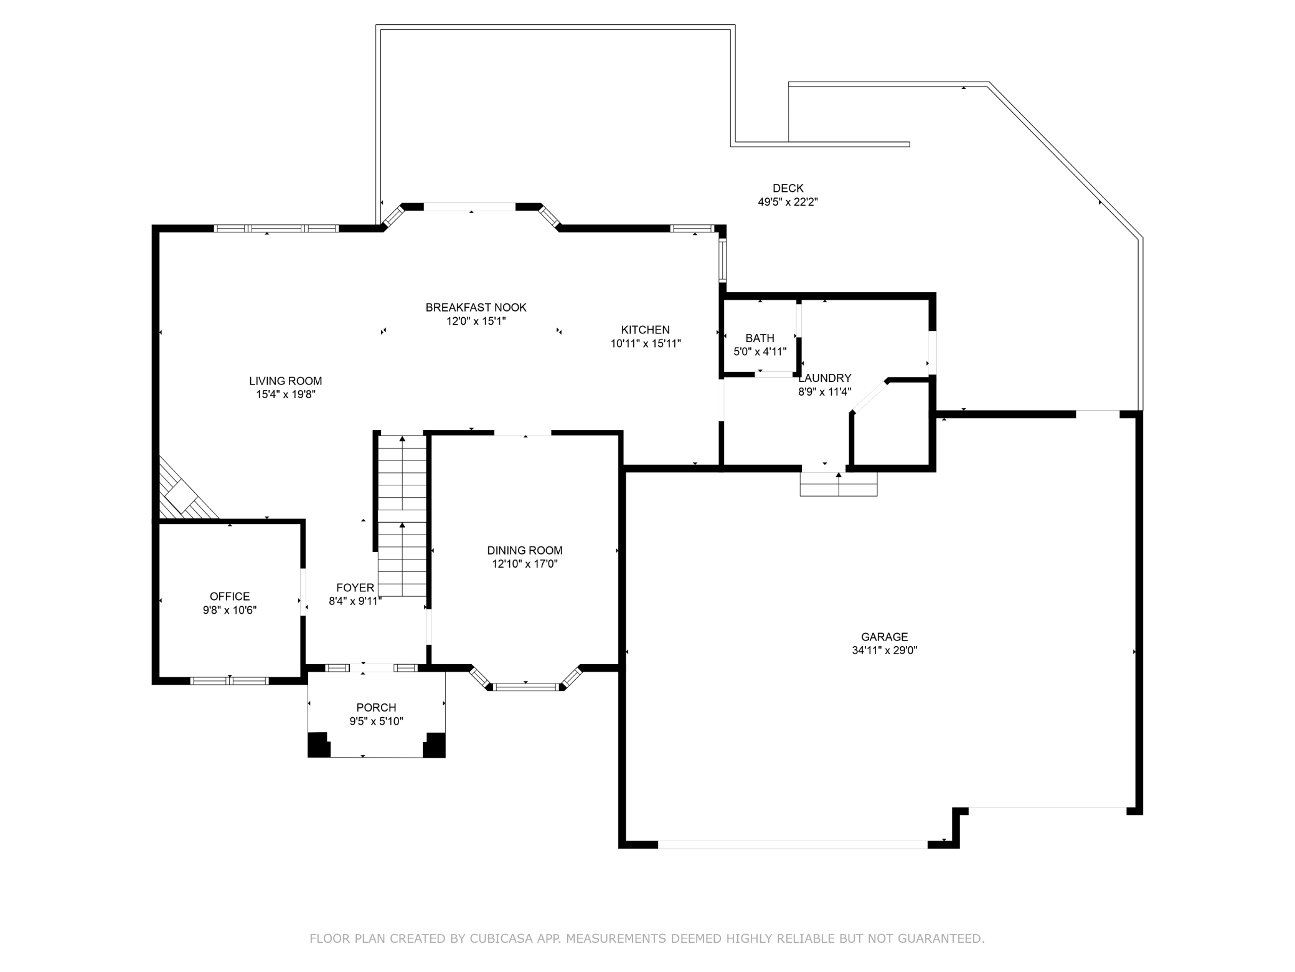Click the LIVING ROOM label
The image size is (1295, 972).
coord(286,381)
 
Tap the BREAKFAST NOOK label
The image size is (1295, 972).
coord(476,307)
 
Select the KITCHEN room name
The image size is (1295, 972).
coord(646,330)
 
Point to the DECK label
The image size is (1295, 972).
coord(788,188)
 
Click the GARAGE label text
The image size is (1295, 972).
coord(885,637)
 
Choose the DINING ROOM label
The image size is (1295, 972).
coord(525,550)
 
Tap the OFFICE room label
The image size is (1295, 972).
coord(230,596)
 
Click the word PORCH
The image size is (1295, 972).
coord(376,707)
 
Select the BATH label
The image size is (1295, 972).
coord(760,338)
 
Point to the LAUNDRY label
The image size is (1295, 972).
coord(825,378)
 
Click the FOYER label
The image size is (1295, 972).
coord(356,588)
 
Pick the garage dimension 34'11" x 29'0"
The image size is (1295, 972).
coord(885,650)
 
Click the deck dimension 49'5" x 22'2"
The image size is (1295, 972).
coord(788,202)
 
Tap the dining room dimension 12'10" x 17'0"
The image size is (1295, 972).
coord(525,564)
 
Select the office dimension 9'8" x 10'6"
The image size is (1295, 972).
coord(230,610)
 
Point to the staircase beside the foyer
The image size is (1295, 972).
coord(402,516)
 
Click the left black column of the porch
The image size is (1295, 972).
coord(319,745)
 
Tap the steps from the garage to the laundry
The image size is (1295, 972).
coord(839,484)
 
